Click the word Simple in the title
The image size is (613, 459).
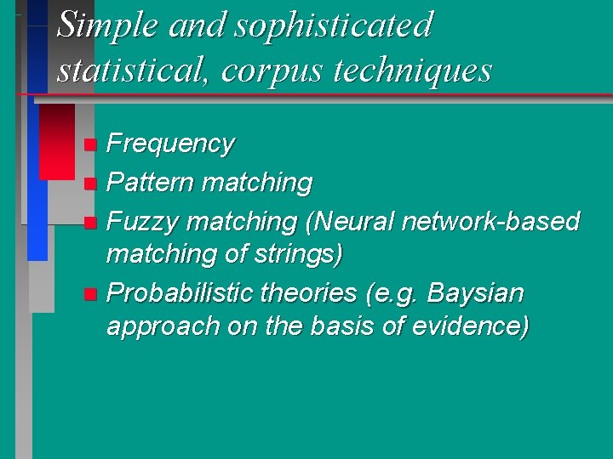pos(106,25)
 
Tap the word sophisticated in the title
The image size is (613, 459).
pos(334,25)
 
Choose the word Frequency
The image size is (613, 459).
pos(170,144)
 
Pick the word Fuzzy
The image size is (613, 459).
pos(143,223)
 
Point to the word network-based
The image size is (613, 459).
pos(491,222)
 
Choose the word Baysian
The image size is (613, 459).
pos(475,294)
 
